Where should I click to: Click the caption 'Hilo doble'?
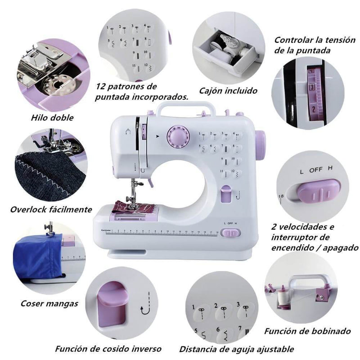coord(52,118)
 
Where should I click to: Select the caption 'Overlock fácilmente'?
coord(51,209)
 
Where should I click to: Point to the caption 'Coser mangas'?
coord(49,303)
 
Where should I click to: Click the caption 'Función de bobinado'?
coord(307,331)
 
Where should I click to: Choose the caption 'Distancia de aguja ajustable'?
coord(237,349)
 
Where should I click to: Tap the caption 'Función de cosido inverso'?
coord(108,349)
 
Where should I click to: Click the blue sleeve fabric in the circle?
coord(40,257)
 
